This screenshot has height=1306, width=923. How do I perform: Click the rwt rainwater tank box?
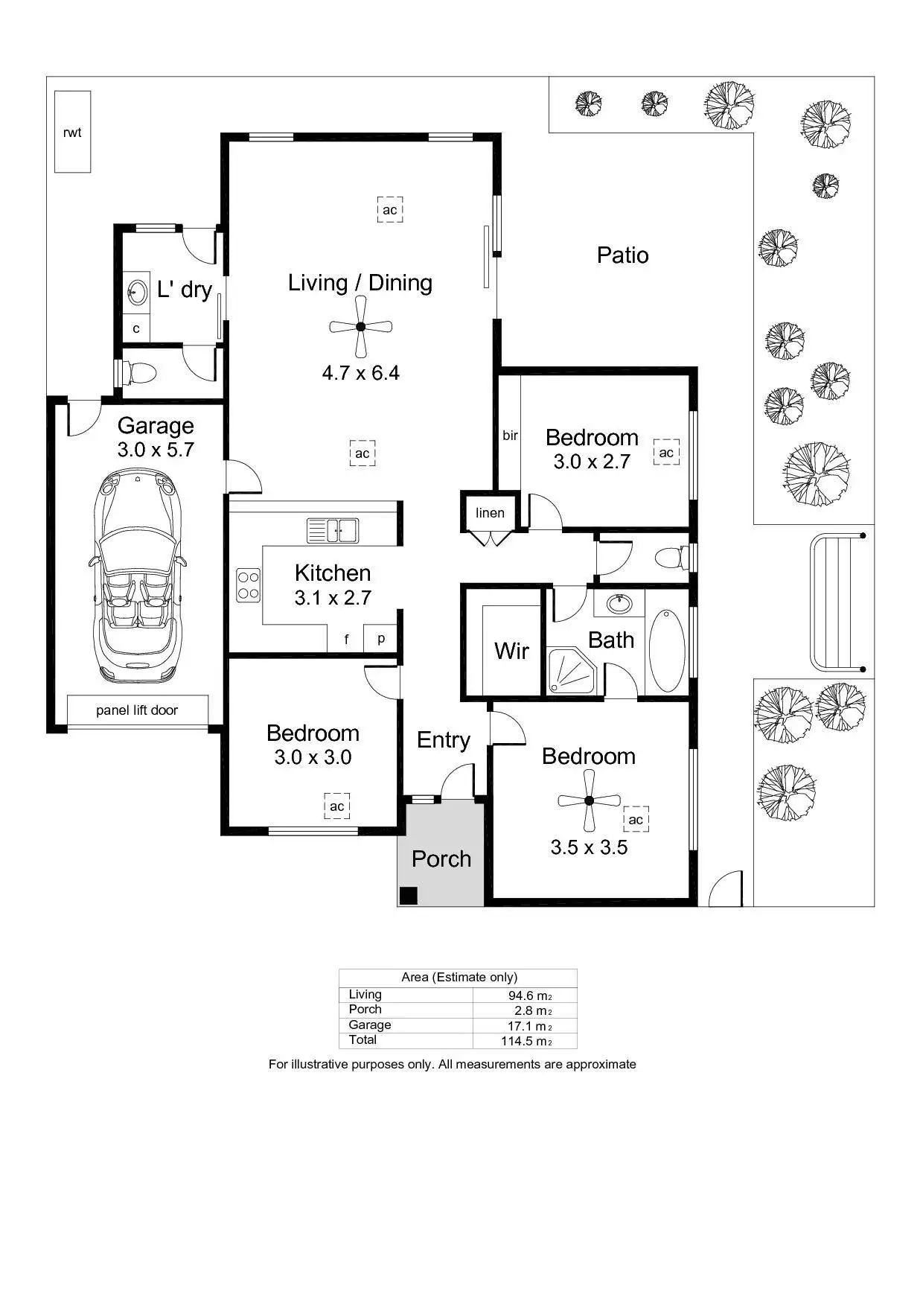[72, 132]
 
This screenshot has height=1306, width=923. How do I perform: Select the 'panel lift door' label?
[137, 710]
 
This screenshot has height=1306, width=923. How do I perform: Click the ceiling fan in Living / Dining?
[361, 326]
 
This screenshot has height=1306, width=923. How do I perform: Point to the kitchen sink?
[333, 530]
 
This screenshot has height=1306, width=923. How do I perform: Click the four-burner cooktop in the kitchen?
[249, 585]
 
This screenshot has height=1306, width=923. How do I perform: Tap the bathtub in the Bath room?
[666, 652]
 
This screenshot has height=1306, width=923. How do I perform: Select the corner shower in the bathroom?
[571, 671]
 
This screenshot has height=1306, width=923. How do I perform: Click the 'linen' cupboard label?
[490, 512]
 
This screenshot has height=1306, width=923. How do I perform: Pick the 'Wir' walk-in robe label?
[511, 651]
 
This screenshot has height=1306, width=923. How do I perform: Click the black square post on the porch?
[408, 895]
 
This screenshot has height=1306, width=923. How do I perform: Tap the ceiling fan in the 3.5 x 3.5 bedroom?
[589, 800]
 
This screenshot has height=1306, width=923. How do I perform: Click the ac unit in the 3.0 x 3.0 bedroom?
[337, 806]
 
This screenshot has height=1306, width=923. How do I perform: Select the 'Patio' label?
[622, 255]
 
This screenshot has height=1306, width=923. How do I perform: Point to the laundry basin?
[137, 292]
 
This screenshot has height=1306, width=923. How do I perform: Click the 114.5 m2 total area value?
[526, 1041]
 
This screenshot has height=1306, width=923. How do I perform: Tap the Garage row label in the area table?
[369, 1025]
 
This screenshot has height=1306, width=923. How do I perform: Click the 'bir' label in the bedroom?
[510, 436]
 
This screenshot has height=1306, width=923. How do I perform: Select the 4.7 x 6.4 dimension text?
[360, 372]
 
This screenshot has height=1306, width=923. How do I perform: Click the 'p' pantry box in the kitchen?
[381, 638]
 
